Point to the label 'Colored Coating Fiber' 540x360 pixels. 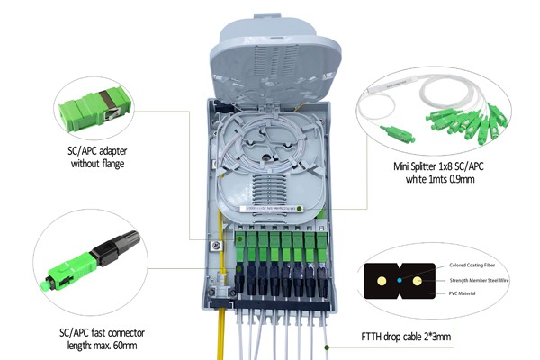click(x=472, y=265)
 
